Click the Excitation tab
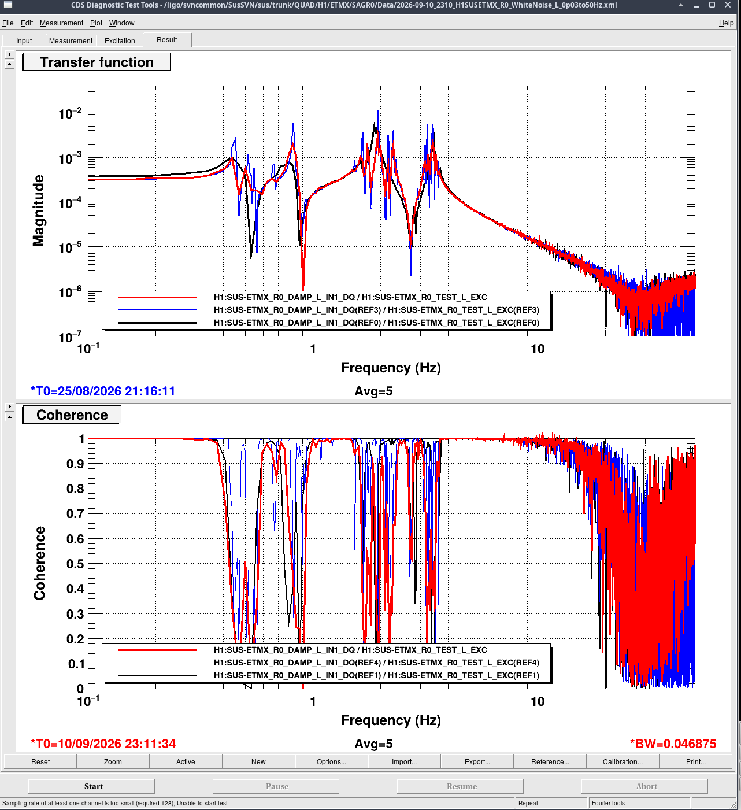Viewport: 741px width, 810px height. click(x=120, y=41)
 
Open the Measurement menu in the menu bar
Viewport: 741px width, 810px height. click(x=61, y=23)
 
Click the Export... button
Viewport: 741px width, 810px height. click(x=477, y=761)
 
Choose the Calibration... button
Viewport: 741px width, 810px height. click(x=623, y=761)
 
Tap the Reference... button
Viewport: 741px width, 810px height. click(x=550, y=761)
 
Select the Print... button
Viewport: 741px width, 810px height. click(x=695, y=761)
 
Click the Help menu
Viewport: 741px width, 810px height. click(x=726, y=23)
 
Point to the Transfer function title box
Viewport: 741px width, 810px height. click(x=96, y=62)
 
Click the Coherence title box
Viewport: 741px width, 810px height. click(x=72, y=415)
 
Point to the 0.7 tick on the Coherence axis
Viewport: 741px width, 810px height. click(x=76, y=513)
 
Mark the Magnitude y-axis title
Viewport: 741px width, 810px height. click(x=38, y=210)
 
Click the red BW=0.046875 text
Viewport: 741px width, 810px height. click(x=673, y=744)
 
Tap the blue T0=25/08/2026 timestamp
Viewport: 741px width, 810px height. click(x=103, y=391)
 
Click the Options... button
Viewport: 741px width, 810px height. click(x=331, y=761)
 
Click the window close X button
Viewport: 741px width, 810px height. click(x=728, y=5)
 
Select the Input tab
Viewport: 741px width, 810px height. click(x=24, y=41)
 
